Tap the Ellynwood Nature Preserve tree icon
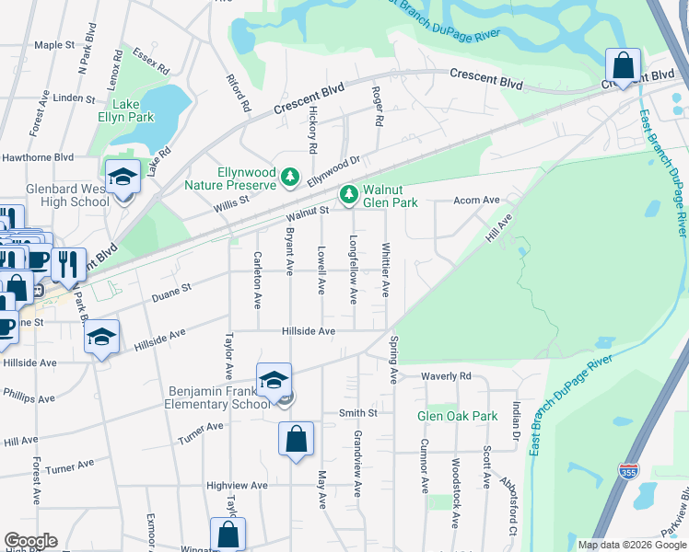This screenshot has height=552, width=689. [291, 176]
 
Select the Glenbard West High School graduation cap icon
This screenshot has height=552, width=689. [122, 176]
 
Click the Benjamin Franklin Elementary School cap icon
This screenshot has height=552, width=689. [274, 378]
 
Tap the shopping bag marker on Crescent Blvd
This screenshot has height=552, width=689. [624, 65]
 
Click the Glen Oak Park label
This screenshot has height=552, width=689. [458, 416]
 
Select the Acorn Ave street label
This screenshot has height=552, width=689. [476, 200]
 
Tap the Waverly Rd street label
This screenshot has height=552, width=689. [446, 376]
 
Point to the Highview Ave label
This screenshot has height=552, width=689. [237, 485]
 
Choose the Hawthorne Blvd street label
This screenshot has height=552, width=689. [37, 157]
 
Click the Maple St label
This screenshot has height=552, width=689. [53, 44]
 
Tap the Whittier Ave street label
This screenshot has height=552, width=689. [386, 270]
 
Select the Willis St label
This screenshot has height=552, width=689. [233, 200]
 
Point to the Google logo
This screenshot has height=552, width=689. [30, 542]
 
